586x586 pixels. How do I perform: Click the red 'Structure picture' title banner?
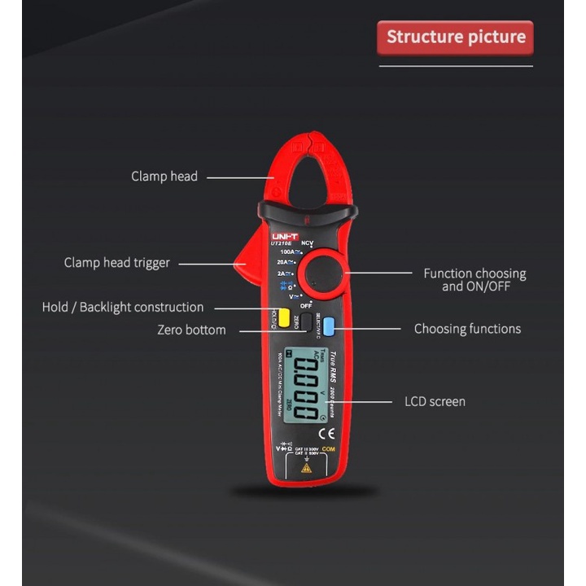click(455, 37)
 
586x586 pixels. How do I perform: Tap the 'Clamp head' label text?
click(164, 176)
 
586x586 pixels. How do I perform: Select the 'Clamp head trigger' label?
click(117, 263)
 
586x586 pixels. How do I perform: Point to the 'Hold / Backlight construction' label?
click(123, 307)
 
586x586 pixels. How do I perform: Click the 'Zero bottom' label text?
click(191, 330)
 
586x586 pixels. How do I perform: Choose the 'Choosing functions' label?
click(467, 329)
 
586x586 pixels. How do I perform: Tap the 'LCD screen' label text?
click(435, 401)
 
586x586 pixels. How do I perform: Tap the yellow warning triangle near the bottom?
click(307, 468)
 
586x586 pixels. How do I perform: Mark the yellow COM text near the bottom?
click(330, 449)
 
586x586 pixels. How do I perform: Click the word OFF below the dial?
click(306, 305)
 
